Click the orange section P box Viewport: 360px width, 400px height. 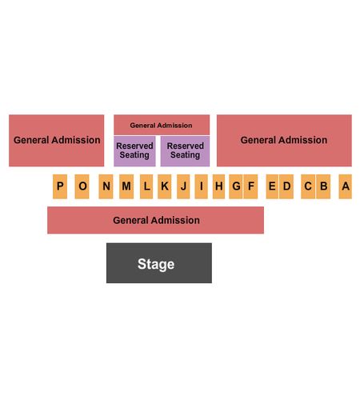click(60, 186)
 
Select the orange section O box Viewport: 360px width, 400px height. click(82, 186)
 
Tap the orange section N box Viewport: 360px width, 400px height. click(106, 186)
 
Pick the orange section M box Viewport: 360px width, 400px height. click(126, 186)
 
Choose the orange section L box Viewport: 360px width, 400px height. click(146, 186)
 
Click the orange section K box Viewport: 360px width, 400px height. click(165, 186)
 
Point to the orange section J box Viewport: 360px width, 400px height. click(183, 186)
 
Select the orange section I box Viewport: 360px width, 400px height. click(201, 186)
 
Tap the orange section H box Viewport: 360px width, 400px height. click(218, 186)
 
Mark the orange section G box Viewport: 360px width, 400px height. click(236, 186)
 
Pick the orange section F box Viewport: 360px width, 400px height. click(250, 186)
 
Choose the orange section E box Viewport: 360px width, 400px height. click(272, 186)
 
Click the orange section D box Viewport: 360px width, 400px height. click(286, 186)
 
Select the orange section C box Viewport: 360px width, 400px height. click(308, 186)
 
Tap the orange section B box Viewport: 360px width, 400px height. click(323, 186)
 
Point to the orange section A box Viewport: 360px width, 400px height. click(346, 186)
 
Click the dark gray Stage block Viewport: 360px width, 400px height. click(159, 263)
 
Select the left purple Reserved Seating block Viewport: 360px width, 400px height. click(134, 151)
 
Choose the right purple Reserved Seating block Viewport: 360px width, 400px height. click(185, 151)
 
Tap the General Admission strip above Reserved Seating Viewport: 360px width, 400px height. click(162, 125)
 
